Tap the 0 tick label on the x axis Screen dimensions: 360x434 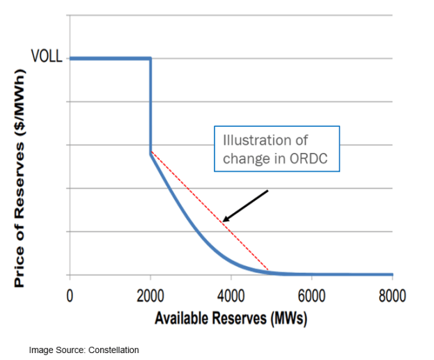click(70, 295)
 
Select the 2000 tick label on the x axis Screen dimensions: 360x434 click(150, 295)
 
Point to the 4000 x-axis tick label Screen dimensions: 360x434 click(231, 295)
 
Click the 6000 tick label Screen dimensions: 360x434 click(311, 295)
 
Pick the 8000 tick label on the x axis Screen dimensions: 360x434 click(392, 295)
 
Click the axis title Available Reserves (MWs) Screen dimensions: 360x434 click(230, 319)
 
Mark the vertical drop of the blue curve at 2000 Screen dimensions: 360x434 click(150, 104)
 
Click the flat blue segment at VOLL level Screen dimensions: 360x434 click(110, 58)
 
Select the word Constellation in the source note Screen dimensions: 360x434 click(114, 350)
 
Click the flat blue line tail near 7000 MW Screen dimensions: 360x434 click(352, 274)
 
